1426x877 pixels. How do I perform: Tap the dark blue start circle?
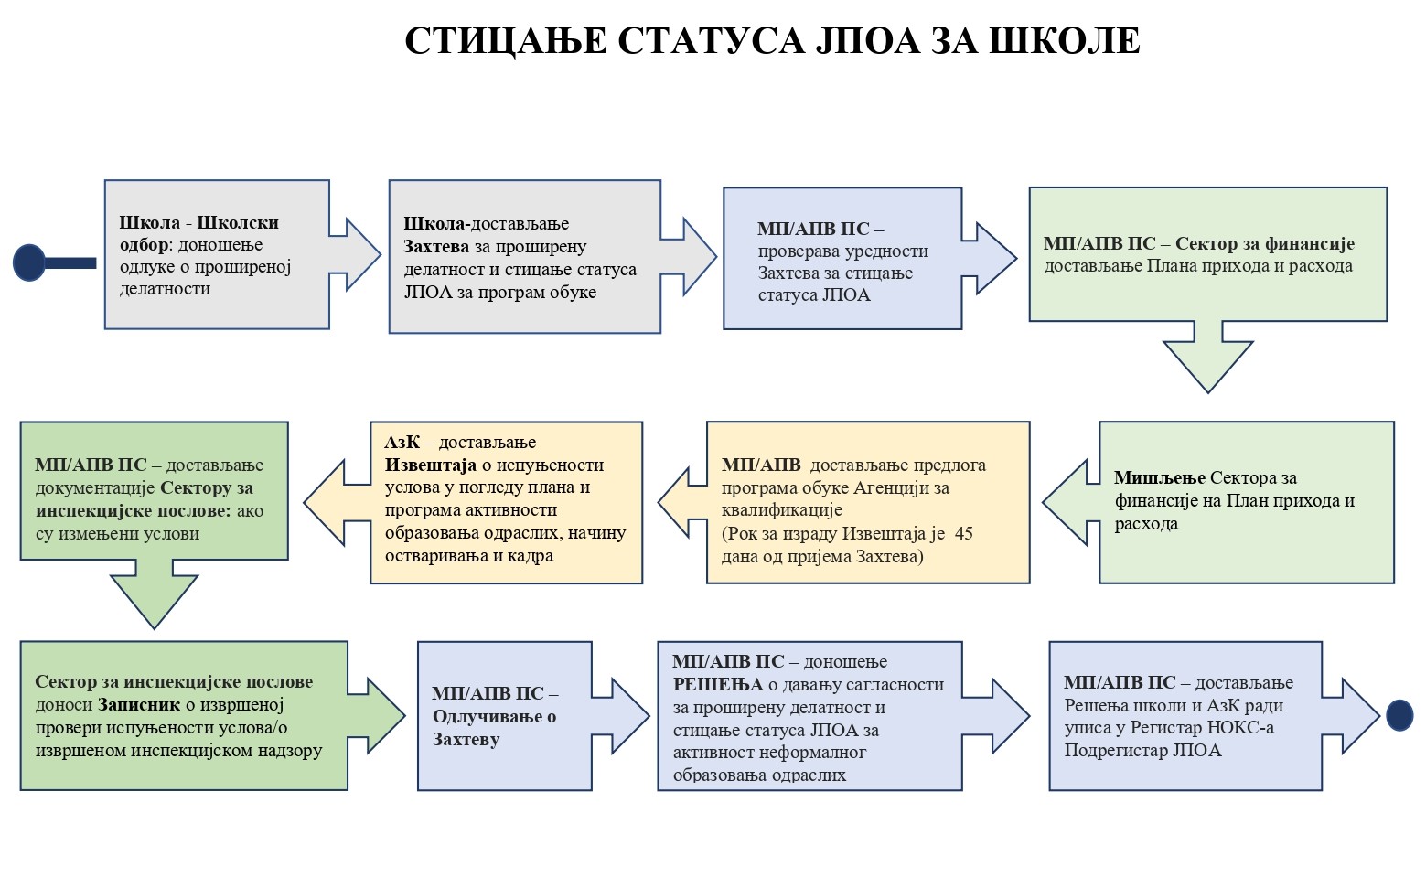click(x=29, y=262)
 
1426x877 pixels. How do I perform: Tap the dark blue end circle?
click(x=1399, y=715)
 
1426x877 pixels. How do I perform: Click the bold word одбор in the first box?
click(x=144, y=245)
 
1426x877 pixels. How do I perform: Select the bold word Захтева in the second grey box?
click(x=436, y=246)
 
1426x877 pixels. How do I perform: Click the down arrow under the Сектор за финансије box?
click(x=1207, y=357)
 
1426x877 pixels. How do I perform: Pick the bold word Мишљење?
click(x=1160, y=477)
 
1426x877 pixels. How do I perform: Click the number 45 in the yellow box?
click(x=964, y=533)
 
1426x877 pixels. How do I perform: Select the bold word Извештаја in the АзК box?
click(x=430, y=465)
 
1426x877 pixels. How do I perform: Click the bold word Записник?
click(x=139, y=705)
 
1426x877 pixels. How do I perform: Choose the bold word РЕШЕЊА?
click(x=718, y=685)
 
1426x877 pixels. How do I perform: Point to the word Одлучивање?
click(x=488, y=717)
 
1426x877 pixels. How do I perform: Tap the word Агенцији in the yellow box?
click(x=894, y=488)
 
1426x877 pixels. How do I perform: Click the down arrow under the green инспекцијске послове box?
click(x=154, y=594)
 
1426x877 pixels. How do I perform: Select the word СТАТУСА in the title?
click(x=711, y=41)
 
